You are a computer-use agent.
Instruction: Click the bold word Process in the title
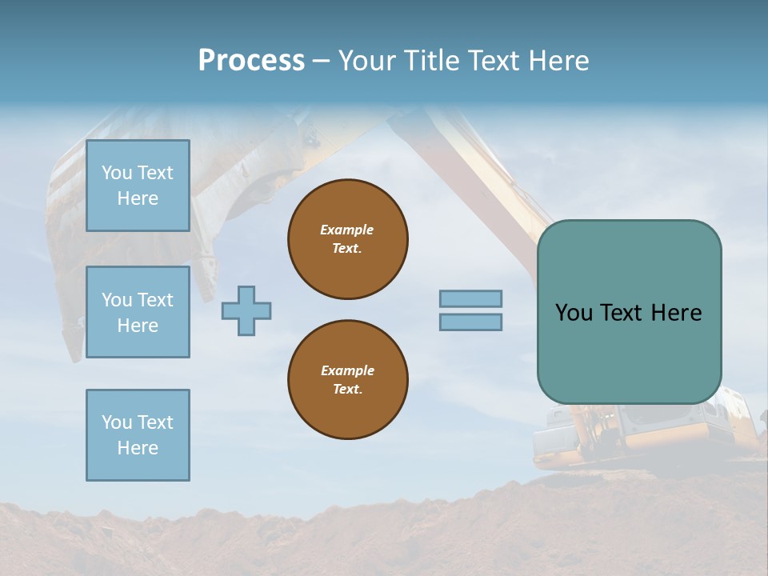pyautogui.click(x=251, y=61)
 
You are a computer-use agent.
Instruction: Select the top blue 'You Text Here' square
pyautogui.click(x=138, y=186)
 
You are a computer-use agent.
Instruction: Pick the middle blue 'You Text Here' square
pyautogui.click(x=138, y=312)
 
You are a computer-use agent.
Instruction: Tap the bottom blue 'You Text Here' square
pyautogui.click(x=138, y=435)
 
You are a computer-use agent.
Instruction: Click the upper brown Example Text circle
pyautogui.click(x=348, y=239)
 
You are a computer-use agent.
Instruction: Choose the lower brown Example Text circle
pyautogui.click(x=348, y=380)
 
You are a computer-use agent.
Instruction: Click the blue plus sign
pyautogui.click(x=246, y=311)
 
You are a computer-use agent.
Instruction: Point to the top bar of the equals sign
pyautogui.click(x=471, y=299)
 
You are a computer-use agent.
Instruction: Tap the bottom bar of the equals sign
pyautogui.click(x=471, y=322)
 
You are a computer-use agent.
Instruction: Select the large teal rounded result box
pyautogui.click(x=629, y=312)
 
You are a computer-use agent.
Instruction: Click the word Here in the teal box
pyautogui.click(x=676, y=313)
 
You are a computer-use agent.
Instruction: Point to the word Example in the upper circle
pyautogui.click(x=347, y=230)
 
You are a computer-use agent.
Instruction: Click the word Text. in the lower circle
pyautogui.click(x=348, y=390)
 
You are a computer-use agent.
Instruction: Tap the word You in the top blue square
pyautogui.click(x=117, y=173)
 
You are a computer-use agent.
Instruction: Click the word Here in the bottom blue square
pyautogui.click(x=138, y=448)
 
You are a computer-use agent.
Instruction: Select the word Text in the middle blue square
pyautogui.click(x=155, y=300)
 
